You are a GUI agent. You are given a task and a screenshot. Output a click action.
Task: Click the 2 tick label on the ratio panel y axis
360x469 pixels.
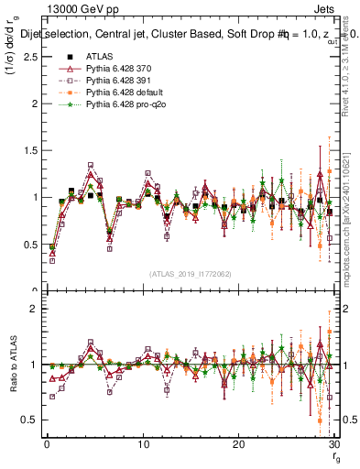32,309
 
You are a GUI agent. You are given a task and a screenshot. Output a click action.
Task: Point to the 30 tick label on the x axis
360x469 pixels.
333,445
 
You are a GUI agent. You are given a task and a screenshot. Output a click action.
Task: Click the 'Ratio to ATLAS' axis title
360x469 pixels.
12,366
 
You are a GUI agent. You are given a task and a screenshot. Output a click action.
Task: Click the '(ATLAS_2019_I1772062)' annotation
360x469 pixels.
190,274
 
